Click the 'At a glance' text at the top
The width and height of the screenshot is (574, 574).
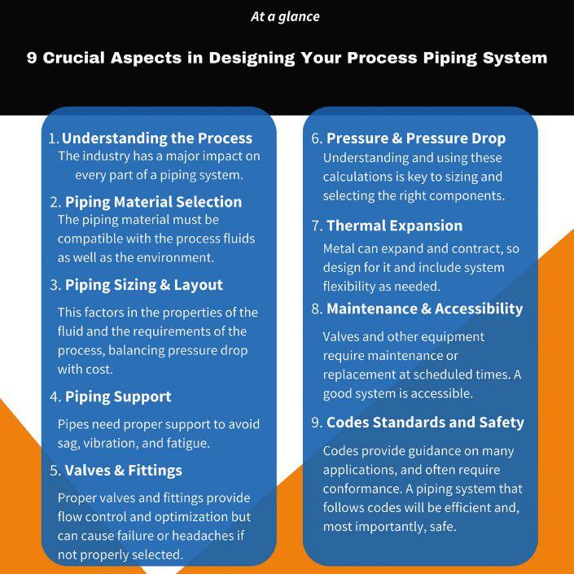click(x=285, y=16)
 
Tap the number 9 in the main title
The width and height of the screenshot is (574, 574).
click(x=32, y=59)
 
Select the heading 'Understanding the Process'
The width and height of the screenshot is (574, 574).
click(x=157, y=138)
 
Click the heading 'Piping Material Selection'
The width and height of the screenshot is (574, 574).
click(x=153, y=202)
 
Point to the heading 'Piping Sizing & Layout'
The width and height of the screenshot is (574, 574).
click(x=143, y=285)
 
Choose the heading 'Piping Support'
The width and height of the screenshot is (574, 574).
click(x=118, y=397)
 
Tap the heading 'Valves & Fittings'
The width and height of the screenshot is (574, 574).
click(x=123, y=471)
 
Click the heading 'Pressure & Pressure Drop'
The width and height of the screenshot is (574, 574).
click(x=416, y=138)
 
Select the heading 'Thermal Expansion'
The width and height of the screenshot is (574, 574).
click(x=394, y=226)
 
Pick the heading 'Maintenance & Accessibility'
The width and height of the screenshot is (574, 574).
click(x=424, y=309)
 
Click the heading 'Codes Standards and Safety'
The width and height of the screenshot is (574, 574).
click(x=425, y=423)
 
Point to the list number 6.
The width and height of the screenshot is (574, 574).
click(x=316, y=138)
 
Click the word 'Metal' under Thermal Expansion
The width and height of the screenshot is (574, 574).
click(x=340, y=248)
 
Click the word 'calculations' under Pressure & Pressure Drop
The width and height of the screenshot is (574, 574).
click(x=360, y=177)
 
